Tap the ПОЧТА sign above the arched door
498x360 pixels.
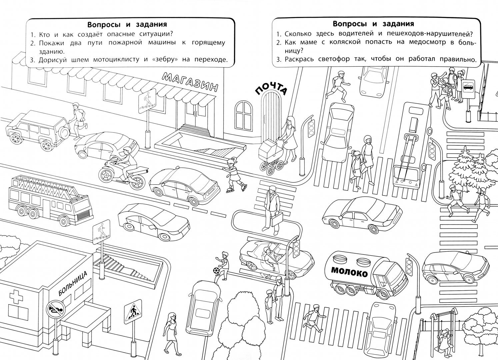click(271, 88)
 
